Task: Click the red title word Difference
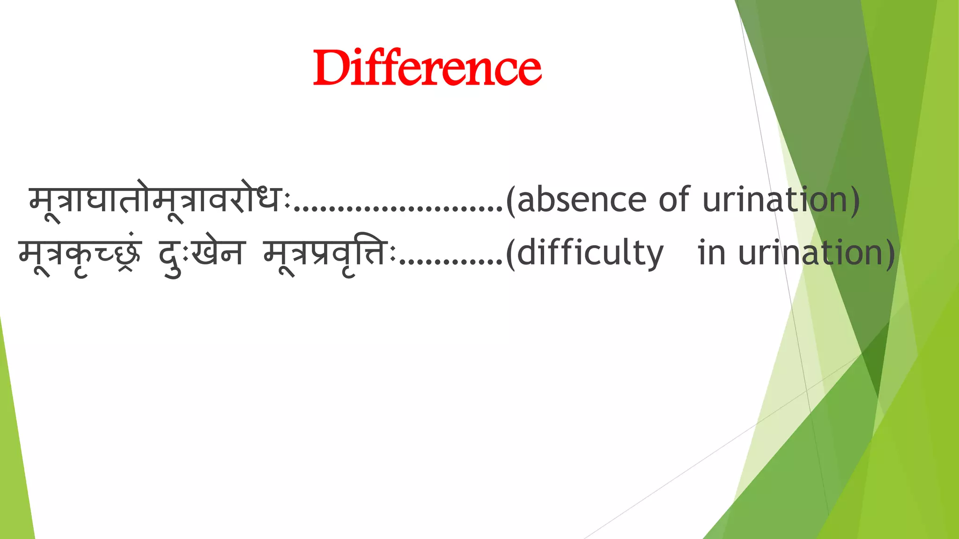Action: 427,68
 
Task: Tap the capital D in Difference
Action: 331,68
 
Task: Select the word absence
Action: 582,200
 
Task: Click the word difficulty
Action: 590,253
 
